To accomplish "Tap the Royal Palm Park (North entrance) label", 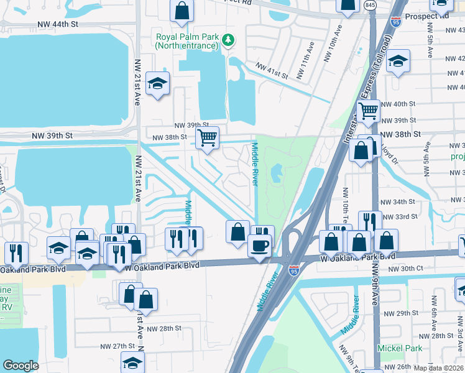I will (187, 41).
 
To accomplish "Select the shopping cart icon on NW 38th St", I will (207, 137).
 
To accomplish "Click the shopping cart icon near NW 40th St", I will (369, 111).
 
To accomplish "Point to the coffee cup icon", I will (259, 245).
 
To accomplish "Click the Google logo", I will (21, 366).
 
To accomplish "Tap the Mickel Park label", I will (400, 348).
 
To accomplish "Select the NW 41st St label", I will (272, 70).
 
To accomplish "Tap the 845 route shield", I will (371, 6).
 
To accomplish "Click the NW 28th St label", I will (164, 328).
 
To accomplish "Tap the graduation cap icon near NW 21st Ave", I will (158, 84).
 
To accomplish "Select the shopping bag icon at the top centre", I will (182, 11).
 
